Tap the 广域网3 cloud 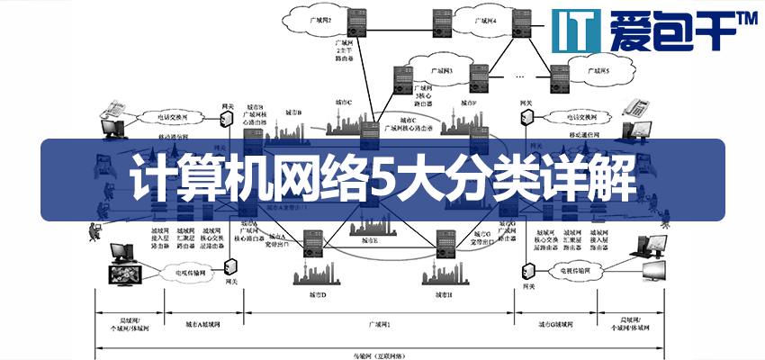[442, 68]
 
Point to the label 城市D [317, 294]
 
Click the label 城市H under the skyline [443, 294]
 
